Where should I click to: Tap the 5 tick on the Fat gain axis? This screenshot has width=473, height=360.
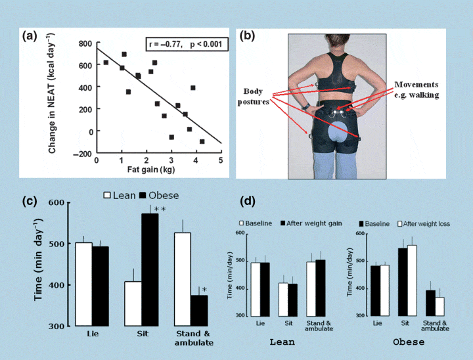pos(221,160)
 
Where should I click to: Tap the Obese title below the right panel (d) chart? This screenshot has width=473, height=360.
pos(408,342)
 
